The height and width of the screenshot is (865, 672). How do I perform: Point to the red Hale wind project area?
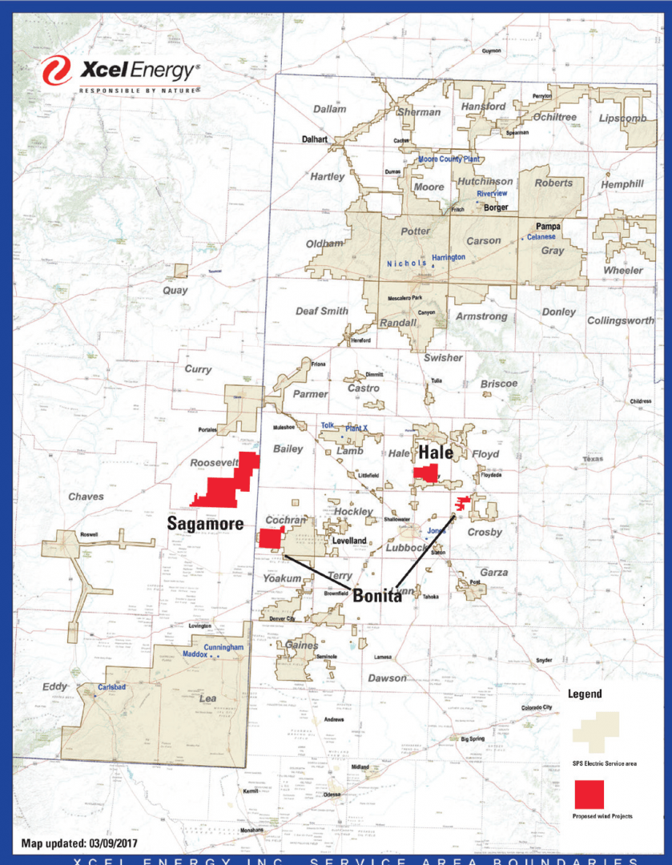(425, 473)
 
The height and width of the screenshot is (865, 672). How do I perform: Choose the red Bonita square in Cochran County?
(270, 540)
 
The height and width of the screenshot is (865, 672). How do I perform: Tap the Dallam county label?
(329, 109)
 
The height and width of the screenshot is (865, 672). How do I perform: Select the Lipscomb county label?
(622, 118)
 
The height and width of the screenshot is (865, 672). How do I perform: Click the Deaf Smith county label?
(322, 311)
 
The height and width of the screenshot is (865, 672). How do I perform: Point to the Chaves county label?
(86, 497)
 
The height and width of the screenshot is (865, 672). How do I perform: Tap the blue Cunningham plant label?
(223, 646)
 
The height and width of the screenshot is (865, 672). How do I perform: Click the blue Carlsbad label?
(113, 687)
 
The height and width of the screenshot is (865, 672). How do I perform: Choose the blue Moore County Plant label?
(449, 159)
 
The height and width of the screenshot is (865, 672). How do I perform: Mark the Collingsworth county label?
(621, 320)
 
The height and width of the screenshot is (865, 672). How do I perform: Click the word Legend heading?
(585, 694)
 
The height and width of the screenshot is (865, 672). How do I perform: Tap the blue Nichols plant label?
(406, 264)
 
